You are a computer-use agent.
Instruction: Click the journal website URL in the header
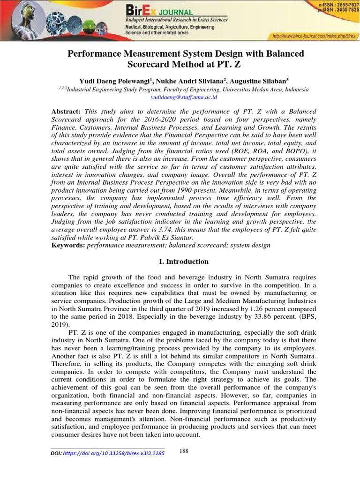(x=314, y=36)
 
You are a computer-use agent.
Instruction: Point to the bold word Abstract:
(x=66, y=111)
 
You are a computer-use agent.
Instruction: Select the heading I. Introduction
(x=180, y=262)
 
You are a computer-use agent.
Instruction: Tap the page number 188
(x=184, y=451)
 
